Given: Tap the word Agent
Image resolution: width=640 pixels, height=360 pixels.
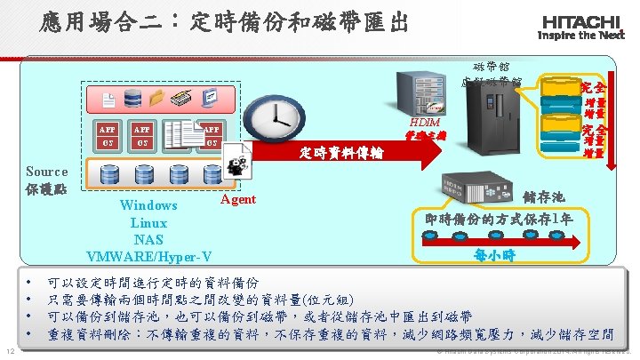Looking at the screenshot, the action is tap(237, 199).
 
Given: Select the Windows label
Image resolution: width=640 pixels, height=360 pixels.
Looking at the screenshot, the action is tap(148, 205).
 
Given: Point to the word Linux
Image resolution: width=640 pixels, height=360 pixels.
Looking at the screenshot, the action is tap(148, 222).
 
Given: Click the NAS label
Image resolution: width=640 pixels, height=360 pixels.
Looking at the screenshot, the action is tap(148, 239).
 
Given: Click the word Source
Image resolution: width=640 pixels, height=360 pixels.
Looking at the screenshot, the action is tap(46, 172).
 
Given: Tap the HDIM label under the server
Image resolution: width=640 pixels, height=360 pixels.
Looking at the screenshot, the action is tap(427, 121).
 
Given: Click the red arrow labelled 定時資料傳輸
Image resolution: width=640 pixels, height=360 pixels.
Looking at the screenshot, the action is tap(356, 152).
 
